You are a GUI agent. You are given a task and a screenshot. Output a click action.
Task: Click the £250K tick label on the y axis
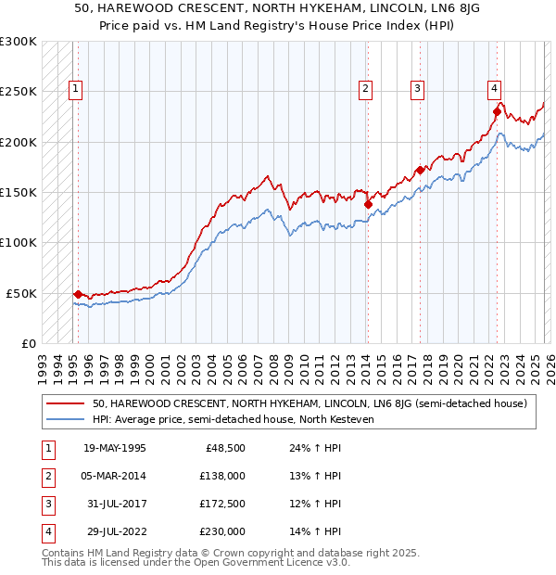(18, 92)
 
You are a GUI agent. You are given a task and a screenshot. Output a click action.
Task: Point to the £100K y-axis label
(18, 242)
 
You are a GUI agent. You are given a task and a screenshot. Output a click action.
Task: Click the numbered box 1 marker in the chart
(75, 89)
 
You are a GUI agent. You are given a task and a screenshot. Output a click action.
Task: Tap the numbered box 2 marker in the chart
(366, 89)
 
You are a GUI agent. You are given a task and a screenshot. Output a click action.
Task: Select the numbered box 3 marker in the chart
(418, 89)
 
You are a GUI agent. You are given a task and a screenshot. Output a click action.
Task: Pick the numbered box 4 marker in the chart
(495, 89)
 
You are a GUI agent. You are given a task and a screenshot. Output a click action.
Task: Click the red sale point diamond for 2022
(497, 112)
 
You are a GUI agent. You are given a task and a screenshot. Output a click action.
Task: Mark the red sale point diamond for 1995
(78, 294)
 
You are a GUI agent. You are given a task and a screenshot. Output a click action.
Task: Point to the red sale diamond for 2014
(368, 204)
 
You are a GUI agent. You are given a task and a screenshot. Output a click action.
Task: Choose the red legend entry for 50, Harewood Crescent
(310, 403)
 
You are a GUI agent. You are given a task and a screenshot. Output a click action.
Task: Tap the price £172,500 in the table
(222, 504)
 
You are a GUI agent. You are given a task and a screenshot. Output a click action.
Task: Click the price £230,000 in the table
(222, 531)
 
